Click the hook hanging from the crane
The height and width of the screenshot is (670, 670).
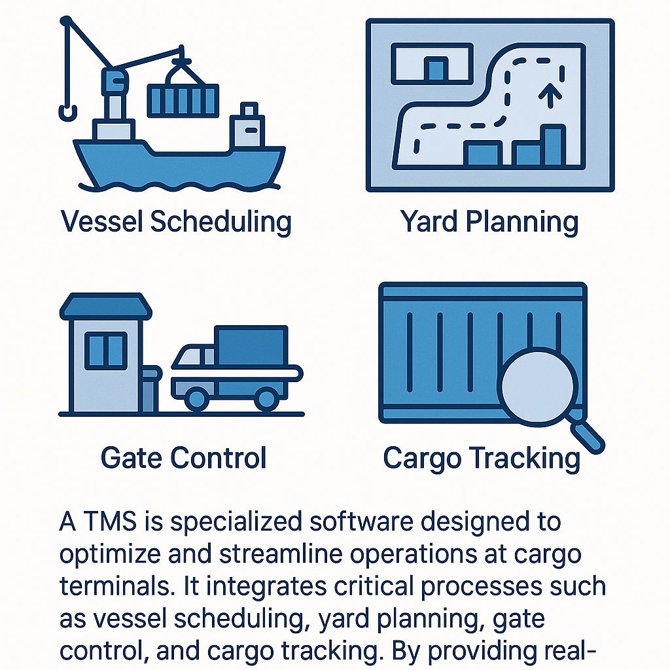68,114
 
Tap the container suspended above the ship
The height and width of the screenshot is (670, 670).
183,100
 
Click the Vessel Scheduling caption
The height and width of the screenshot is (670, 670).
176,222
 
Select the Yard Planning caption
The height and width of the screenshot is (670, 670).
489,222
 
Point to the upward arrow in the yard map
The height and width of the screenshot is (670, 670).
550,94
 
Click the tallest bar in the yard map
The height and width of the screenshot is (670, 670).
554,145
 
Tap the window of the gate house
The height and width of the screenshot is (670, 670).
106,351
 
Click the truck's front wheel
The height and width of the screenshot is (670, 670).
196,399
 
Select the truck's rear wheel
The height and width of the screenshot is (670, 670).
266,399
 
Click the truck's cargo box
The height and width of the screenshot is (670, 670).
251,345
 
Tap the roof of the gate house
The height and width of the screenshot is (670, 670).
105,306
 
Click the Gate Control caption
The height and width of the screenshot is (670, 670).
183,457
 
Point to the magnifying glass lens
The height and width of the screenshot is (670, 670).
538,386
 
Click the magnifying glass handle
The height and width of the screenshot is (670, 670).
588,437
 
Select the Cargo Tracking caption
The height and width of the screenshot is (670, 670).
482,459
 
